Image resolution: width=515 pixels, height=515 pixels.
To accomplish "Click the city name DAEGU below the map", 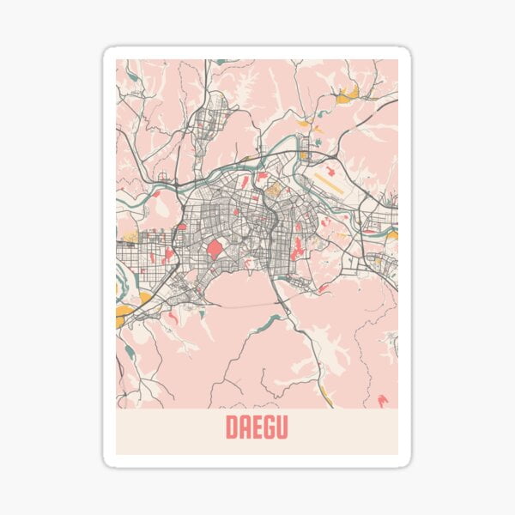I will coord(257,427).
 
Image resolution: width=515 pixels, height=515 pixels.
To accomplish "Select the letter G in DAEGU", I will coord(270,427).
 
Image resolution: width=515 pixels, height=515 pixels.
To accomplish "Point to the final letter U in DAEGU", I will coord(282,427).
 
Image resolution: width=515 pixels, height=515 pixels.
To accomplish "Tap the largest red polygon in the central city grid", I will coord(215,250).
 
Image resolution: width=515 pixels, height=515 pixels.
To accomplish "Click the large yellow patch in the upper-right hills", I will coord(348,94).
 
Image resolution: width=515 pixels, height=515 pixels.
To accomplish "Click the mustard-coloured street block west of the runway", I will coord(274,189).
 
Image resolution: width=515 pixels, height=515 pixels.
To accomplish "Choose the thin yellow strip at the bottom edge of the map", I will coord(327,396).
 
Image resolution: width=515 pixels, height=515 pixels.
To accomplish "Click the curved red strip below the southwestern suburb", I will coord(172,318).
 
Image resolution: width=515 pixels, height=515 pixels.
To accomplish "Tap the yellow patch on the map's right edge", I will coord(393,234).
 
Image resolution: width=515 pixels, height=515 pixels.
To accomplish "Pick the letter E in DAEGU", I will coord(257,427).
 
